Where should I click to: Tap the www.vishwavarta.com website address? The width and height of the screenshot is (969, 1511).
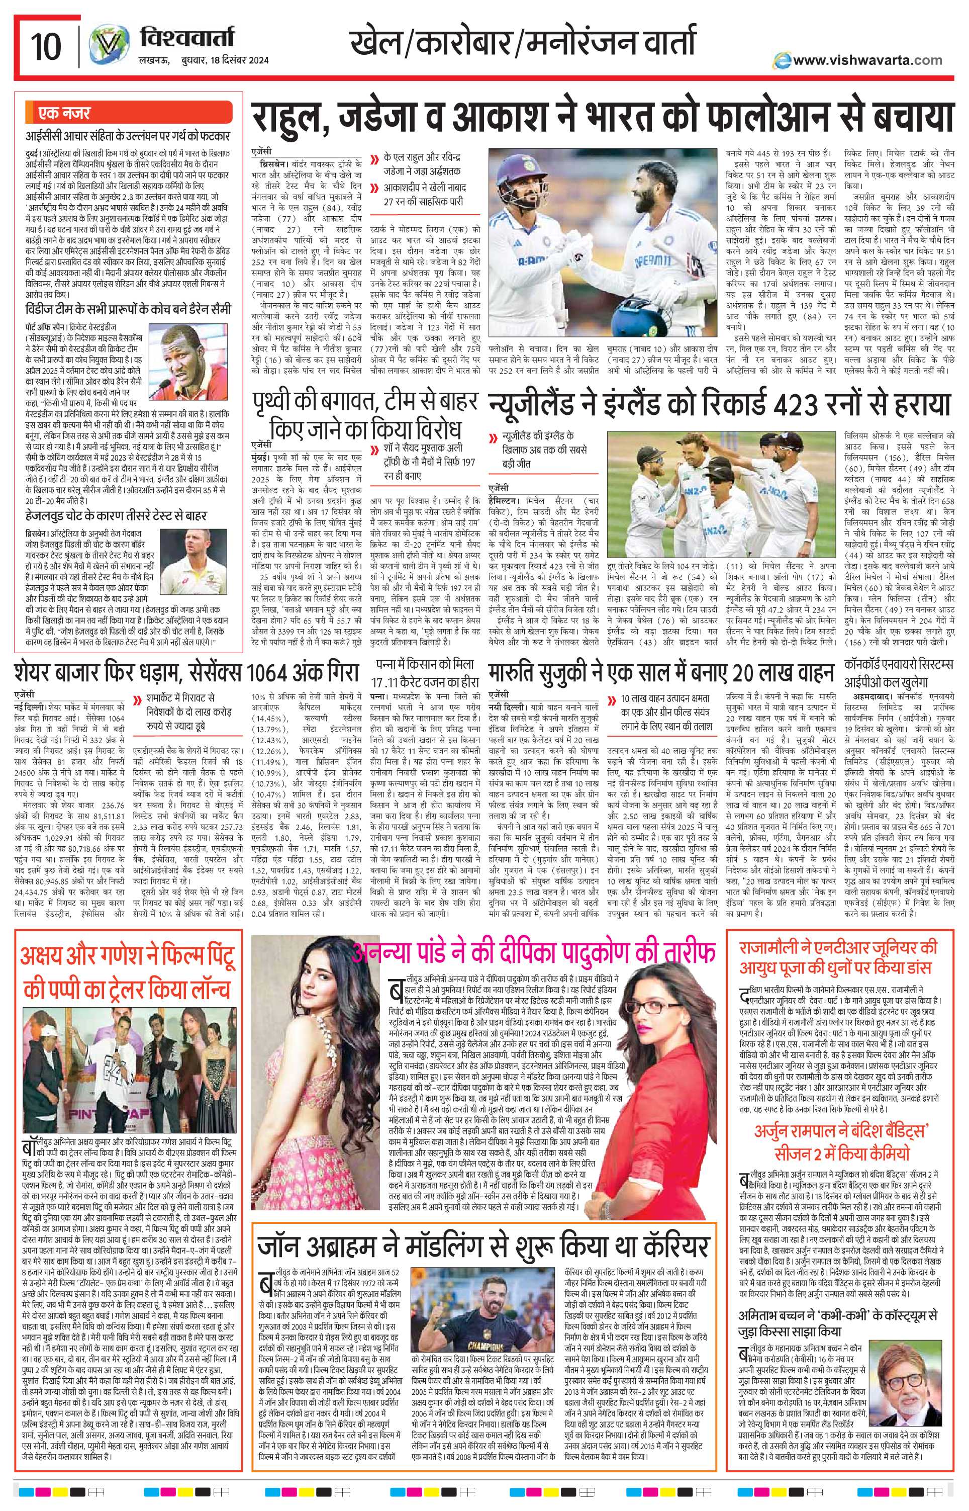click(867, 60)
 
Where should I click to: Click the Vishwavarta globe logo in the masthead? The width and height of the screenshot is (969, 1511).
click(105, 45)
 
